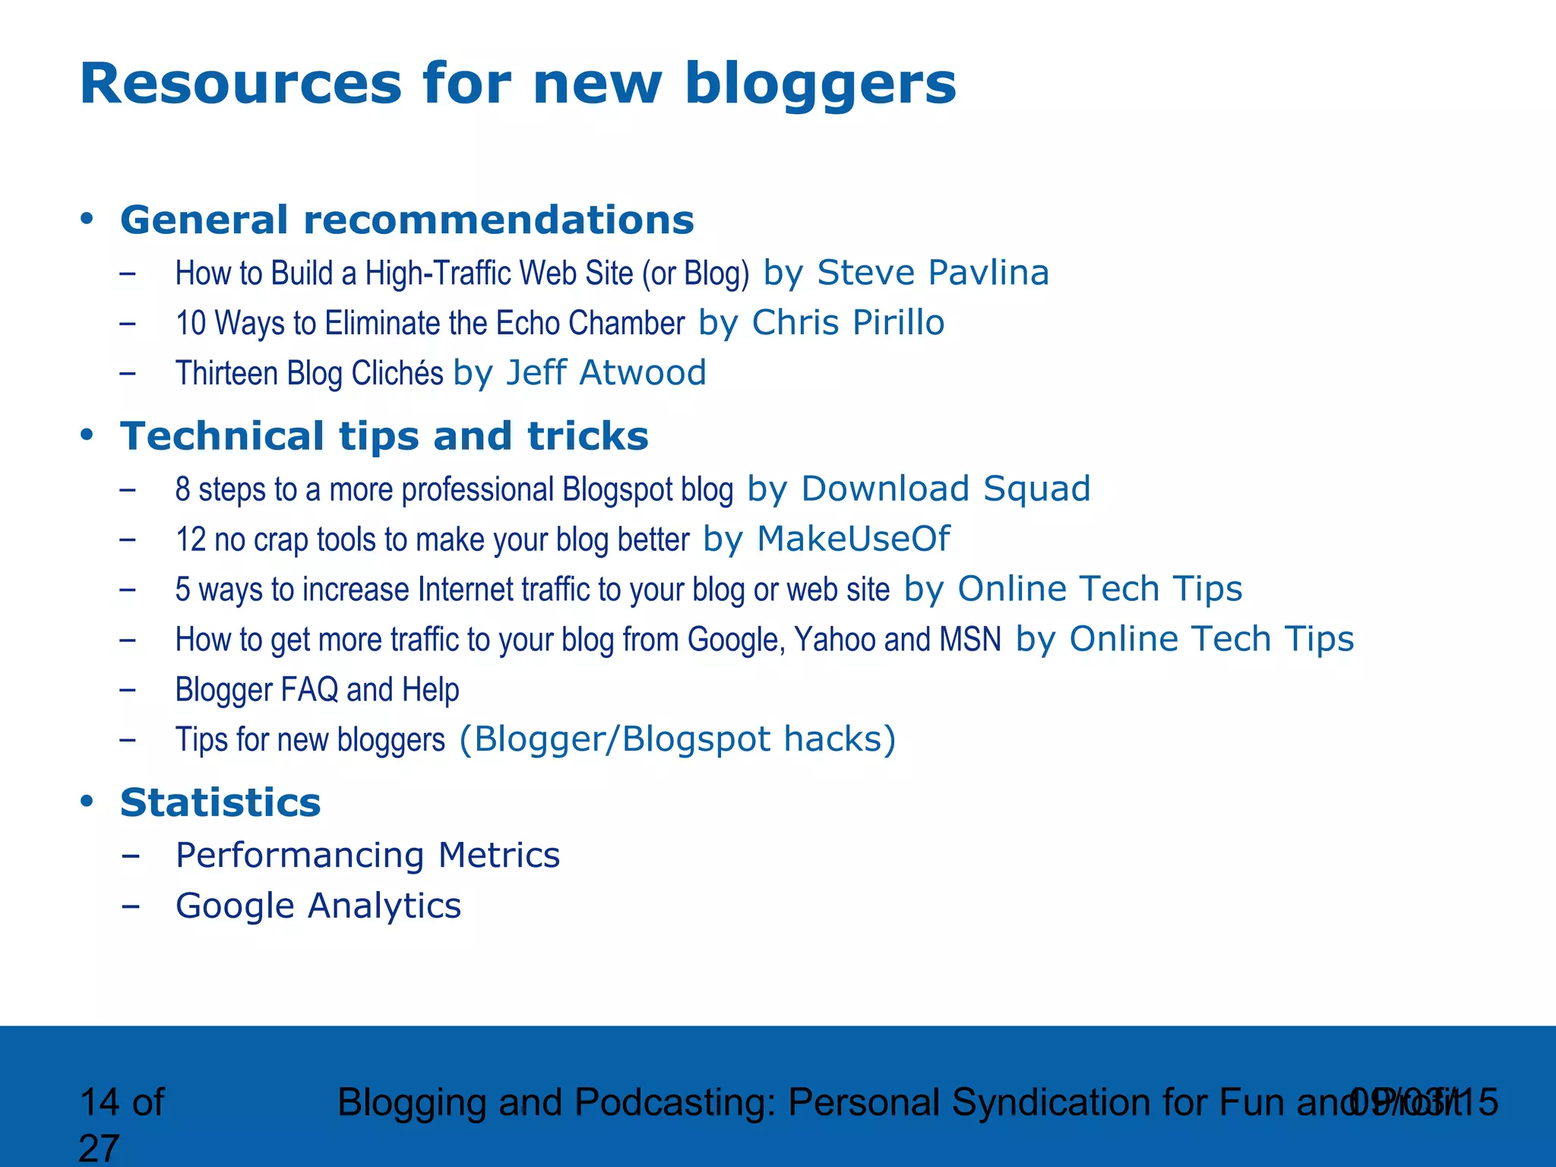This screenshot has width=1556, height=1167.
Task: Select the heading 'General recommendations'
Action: point(407,220)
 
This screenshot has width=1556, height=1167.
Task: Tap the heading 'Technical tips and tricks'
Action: point(384,436)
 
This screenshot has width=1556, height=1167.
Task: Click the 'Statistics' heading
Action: point(220,802)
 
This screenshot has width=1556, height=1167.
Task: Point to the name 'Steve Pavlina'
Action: point(932,273)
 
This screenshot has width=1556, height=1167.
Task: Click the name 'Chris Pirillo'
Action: point(848,323)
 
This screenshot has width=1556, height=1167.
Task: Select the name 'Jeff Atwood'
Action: point(606,373)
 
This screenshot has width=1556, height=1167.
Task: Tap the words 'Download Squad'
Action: point(946,489)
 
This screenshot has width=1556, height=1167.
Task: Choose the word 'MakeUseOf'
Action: point(853,539)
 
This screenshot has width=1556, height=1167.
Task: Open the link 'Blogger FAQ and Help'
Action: point(317,690)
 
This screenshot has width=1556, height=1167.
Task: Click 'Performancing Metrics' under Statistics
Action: point(368,855)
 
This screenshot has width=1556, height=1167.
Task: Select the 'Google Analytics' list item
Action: point(318,906)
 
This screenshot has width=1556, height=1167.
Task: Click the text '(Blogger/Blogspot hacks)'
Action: point(678,739)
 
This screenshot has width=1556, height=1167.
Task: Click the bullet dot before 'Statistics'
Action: point(87,801)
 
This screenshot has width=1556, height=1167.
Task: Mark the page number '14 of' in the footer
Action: point(122,1102)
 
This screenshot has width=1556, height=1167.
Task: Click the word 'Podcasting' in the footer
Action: point(673,1102)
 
